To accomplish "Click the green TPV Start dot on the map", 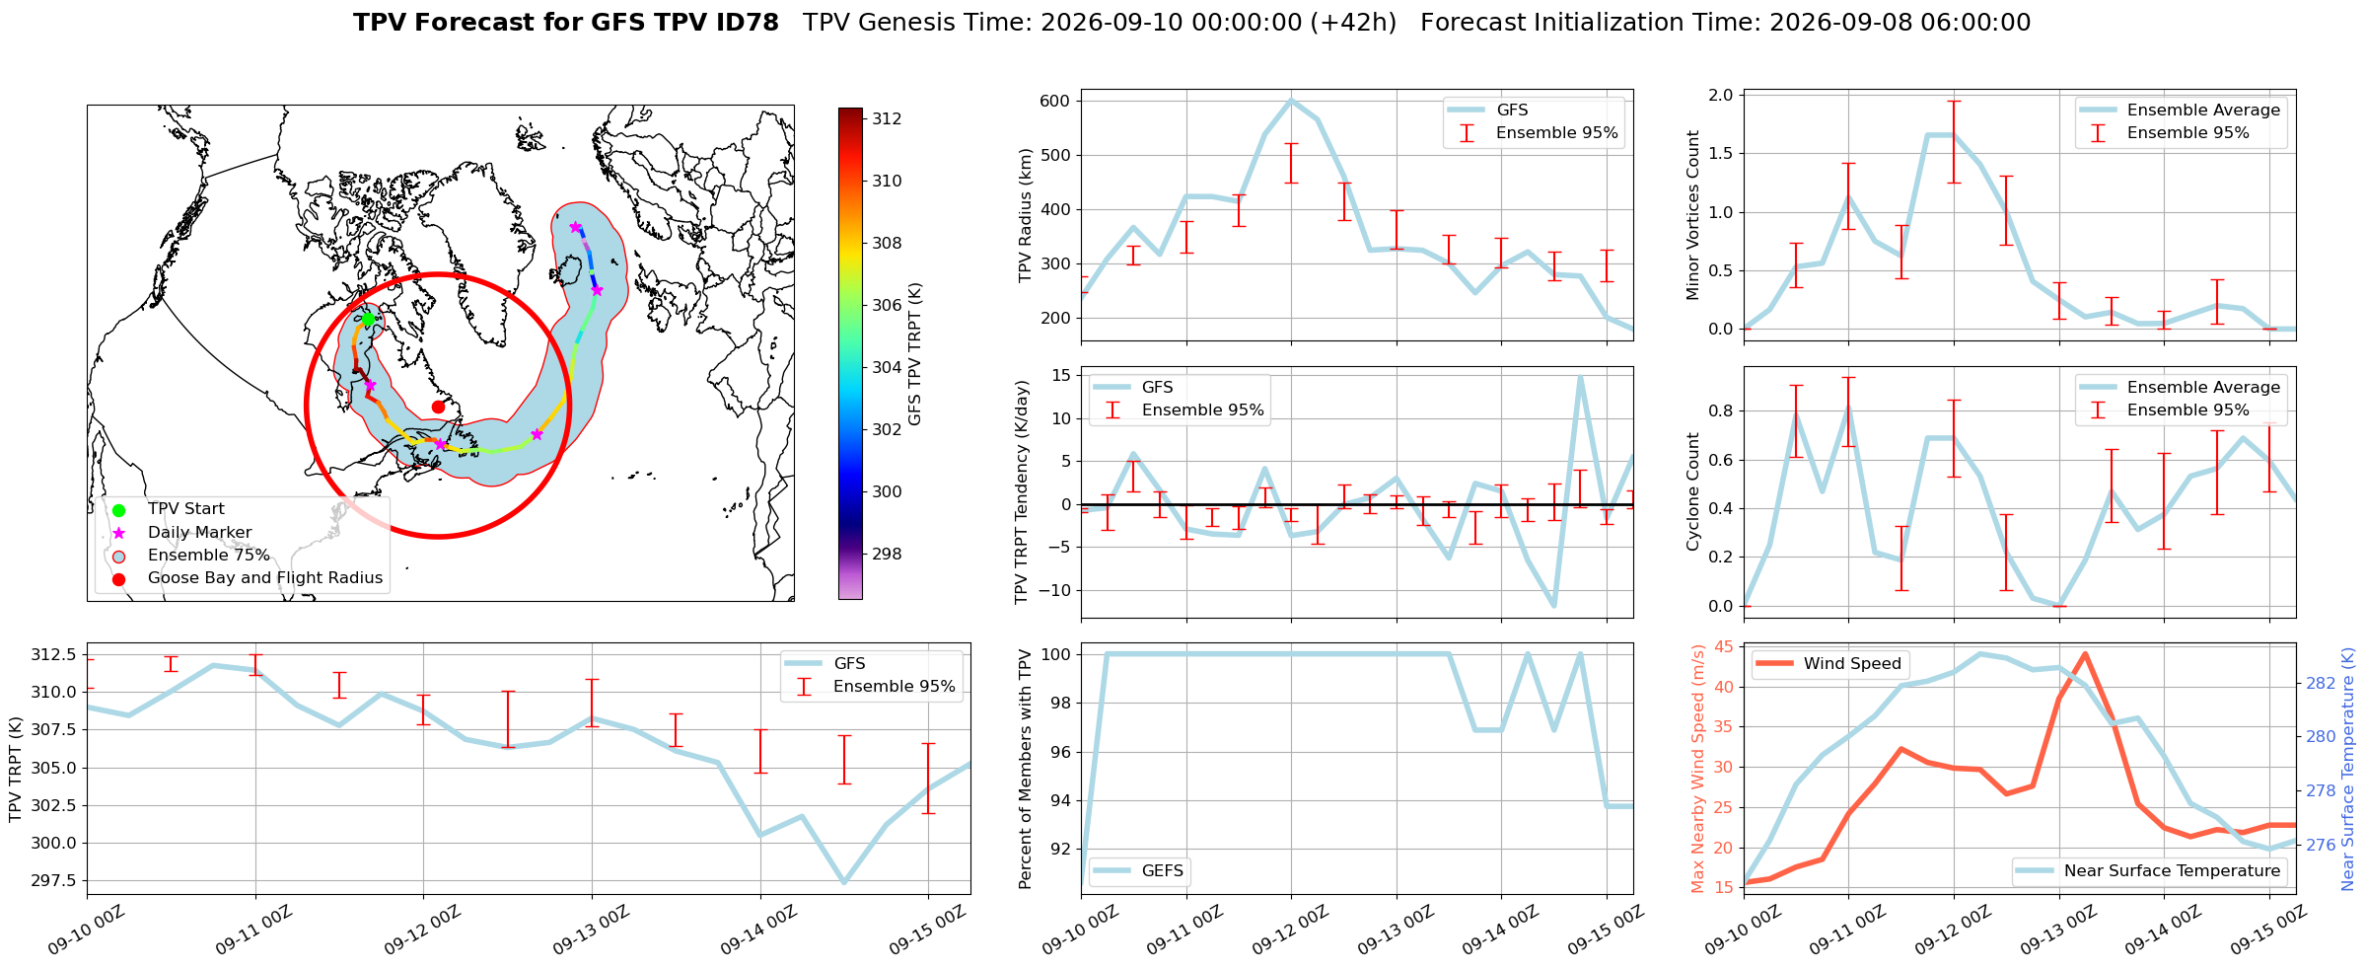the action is coord(368,319).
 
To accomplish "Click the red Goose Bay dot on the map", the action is coord(438,407).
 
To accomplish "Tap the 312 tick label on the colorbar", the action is coord(887,118).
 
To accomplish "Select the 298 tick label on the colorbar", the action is coord(887,554).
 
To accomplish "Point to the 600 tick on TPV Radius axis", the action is coord(1054,101).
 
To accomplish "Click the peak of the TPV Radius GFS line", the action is coord(1291,100).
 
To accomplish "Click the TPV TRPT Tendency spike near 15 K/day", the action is coord(1580,376).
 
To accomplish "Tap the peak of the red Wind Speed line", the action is coord(2085,653).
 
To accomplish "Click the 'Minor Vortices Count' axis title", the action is coord(1693,215).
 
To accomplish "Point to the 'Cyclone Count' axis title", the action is coord(1693,491).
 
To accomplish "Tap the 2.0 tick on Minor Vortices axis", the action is coord(1720,95).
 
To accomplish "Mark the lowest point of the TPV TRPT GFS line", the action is coord(844,882).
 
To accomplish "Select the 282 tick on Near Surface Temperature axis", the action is coord(2322,683).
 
